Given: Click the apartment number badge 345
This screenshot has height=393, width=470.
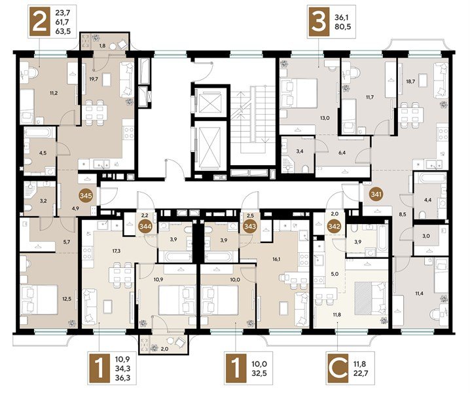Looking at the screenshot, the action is [x=86, y=196].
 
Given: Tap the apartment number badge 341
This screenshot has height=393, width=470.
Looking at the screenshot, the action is [x=376, y=194].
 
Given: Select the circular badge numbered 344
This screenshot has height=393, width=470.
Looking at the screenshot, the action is [x=145, y=226].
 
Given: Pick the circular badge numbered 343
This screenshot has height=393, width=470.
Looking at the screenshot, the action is [x=250, y=226].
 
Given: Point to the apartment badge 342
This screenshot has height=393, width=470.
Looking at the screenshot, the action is [x=334, y=226].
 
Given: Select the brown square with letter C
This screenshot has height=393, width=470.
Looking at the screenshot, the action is [x=338, y=369].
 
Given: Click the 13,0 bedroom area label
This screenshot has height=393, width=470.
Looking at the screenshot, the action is [x=325, y=118].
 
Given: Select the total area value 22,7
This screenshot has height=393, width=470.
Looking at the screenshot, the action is [x=359, y=373].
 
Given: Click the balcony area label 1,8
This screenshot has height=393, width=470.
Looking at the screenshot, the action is [x=102, y=47].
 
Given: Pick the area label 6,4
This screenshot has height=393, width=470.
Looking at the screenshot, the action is [x=342, y=153].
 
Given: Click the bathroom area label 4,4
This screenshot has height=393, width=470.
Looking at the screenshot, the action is [x=427, y=200].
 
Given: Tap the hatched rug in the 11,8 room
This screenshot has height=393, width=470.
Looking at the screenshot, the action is [x=363, y=298].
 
